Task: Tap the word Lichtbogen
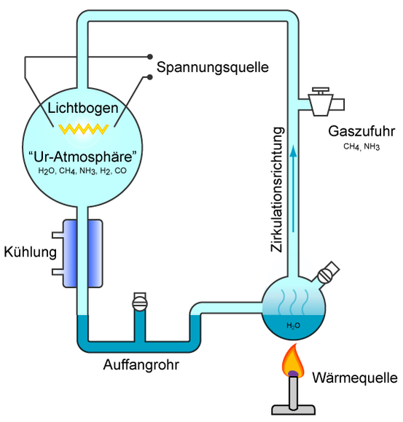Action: pos(83,109)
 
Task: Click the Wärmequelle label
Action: pos(355,378)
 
